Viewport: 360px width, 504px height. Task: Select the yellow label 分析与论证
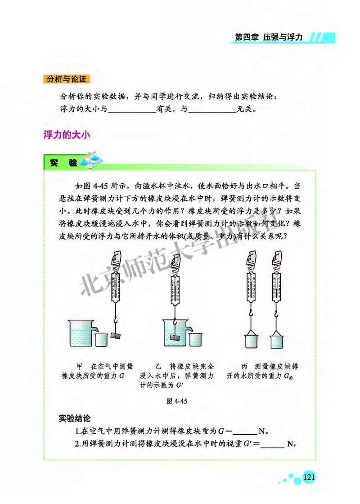click(67, 80)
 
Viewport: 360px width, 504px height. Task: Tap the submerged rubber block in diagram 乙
click(175, 336)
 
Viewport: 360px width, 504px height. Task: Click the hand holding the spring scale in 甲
click(116, 260)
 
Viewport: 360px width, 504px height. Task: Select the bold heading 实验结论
click(75, 418)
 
